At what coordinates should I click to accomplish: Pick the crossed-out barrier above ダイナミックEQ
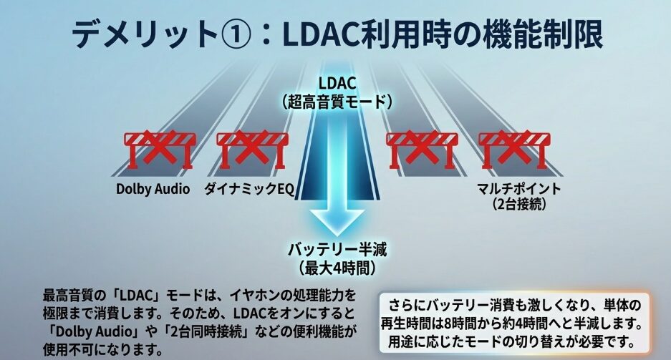(x=251, y=148)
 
